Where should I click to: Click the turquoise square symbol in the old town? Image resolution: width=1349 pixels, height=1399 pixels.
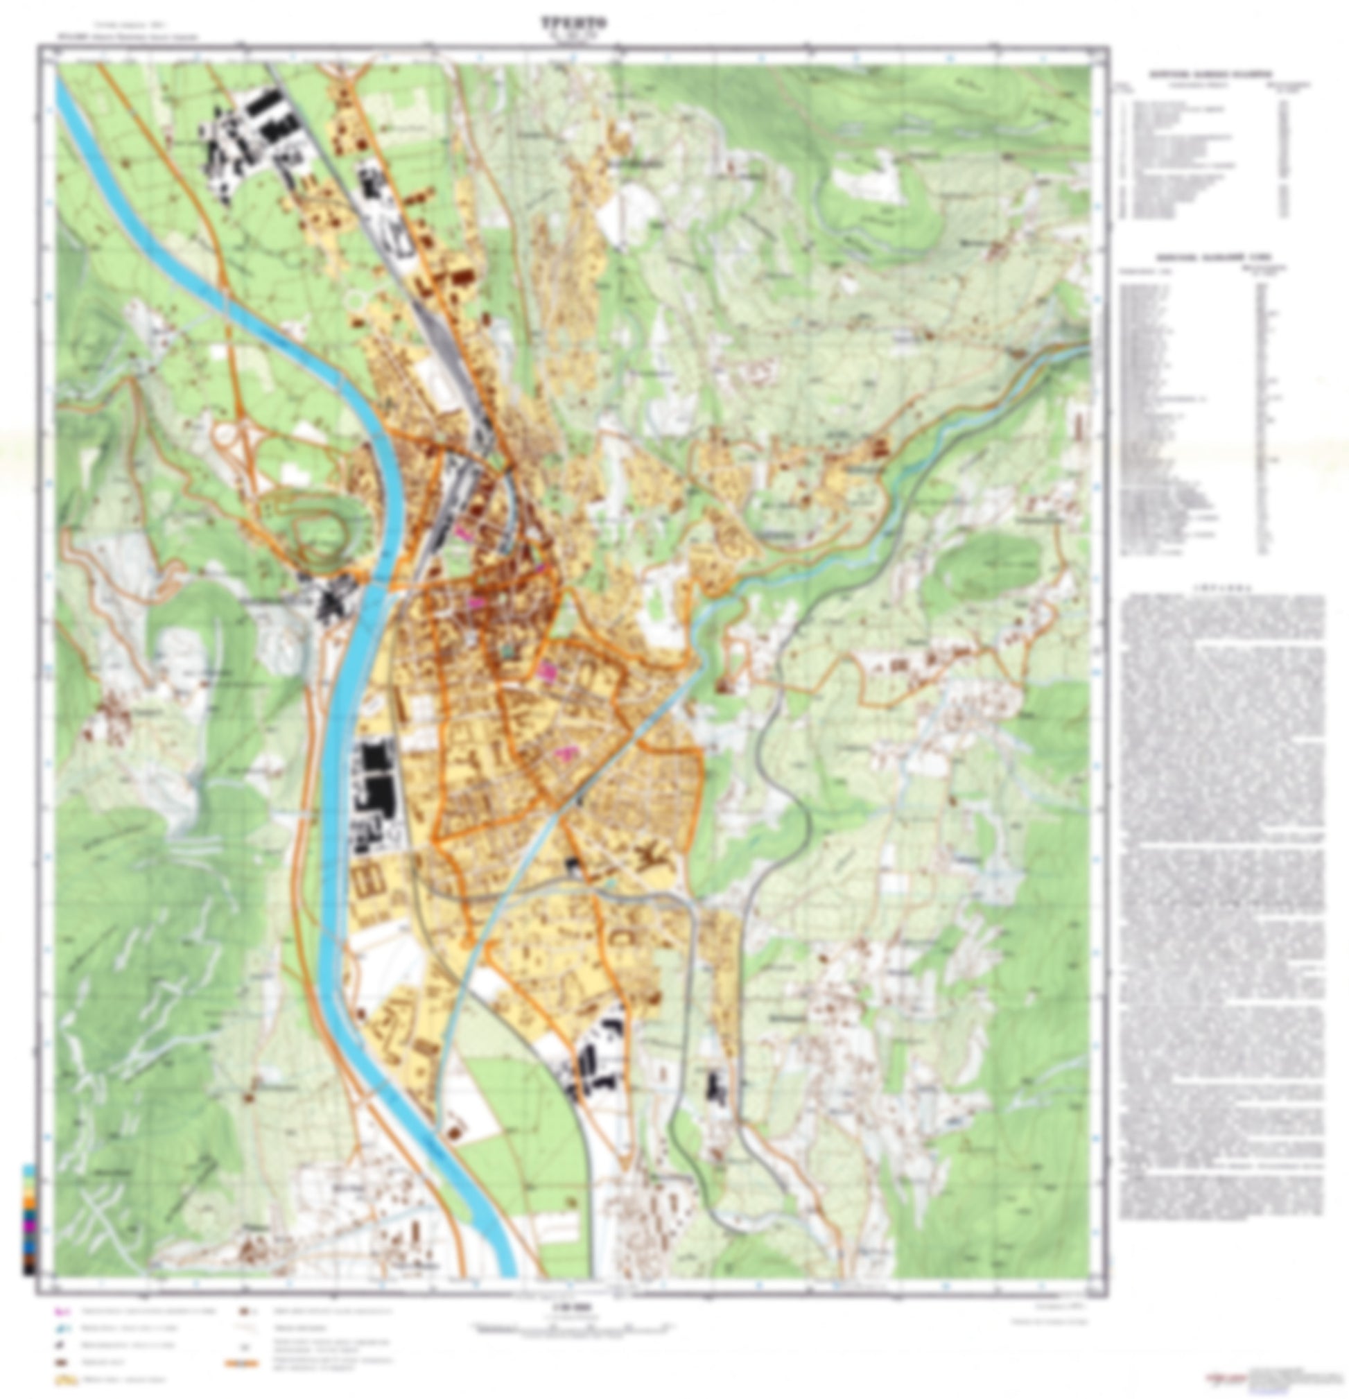(x=507, y=651)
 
